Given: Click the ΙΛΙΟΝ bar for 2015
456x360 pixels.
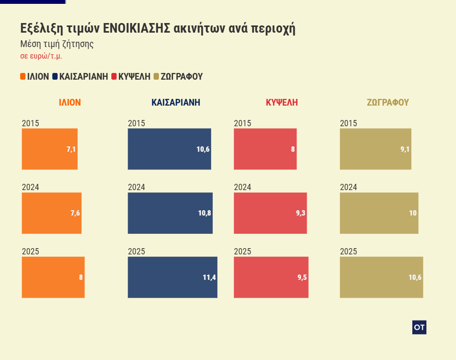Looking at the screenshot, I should [49, 149].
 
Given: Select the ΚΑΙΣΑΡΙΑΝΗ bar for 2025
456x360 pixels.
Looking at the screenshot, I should [172, 277].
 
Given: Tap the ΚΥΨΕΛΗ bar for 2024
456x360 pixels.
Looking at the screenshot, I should [270, 213].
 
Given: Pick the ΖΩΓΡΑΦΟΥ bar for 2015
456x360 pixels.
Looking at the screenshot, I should [375, 149].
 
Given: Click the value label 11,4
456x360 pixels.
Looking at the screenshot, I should [210, 277].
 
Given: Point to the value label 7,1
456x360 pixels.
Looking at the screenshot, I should [71, 149].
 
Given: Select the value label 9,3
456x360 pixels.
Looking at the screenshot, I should [300, 213].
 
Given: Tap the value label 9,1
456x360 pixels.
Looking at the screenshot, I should [405, 149].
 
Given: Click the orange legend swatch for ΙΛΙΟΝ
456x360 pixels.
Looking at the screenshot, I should [23, 76].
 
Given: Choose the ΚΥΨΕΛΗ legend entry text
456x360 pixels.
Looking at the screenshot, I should [134, 76].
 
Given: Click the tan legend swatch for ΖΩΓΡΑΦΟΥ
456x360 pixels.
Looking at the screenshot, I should [156, 76].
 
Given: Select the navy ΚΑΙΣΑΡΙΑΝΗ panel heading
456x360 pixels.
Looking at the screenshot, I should [176, 102].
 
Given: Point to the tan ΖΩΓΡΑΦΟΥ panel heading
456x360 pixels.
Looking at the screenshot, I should [388, 102].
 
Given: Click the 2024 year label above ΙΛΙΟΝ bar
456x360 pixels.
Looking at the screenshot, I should [30, 187].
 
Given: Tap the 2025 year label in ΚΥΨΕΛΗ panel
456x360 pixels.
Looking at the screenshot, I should [242, 252].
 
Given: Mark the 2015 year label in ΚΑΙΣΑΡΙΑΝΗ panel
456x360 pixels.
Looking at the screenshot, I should [136, 123].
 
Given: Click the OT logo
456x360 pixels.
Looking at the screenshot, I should [419, 327].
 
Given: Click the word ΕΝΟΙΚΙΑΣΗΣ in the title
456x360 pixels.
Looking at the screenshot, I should [136, 28].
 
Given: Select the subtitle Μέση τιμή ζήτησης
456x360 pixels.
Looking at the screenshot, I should [57, 44].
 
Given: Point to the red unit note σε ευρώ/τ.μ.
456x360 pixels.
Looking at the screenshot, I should [41, 56].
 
